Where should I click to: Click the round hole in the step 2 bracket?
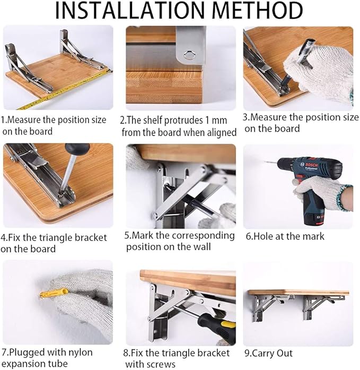188,54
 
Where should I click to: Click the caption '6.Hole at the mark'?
284,236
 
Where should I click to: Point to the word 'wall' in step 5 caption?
200,246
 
